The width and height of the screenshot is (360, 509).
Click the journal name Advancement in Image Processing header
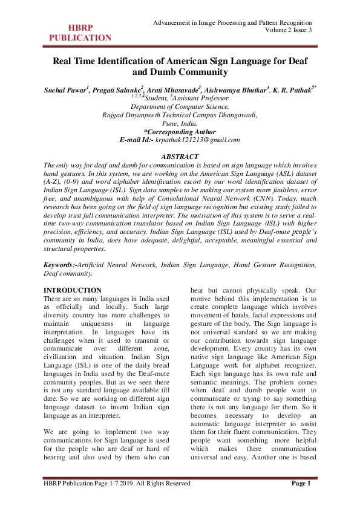[x=233, y=22]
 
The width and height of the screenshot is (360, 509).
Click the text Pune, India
[x=180, y=123]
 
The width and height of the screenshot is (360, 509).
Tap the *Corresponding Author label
[x=180, y=131]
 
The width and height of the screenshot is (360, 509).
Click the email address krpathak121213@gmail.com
[x=198, y=140]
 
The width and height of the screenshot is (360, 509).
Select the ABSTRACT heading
[x=180, y=157]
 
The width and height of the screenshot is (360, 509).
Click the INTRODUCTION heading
[x=73, y=290]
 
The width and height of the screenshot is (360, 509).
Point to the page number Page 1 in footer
[x=301, y=500]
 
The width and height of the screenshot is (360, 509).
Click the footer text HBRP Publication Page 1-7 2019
[x=117, y=500]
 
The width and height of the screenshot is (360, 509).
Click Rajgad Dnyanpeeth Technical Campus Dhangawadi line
[x=180, y=114]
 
